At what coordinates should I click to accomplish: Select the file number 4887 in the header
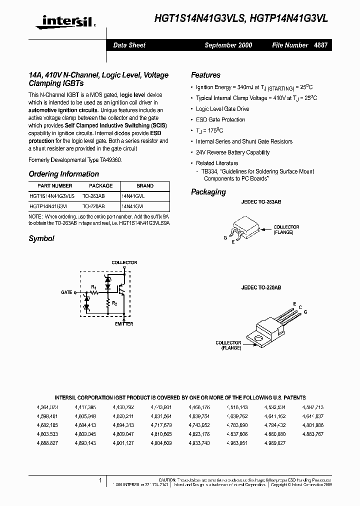(320, 45)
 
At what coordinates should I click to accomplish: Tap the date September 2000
(228, 45)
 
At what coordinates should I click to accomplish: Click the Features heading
(205, 75)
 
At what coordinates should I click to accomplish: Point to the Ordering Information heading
(63, 174)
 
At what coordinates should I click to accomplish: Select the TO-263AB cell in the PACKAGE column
(93, 196)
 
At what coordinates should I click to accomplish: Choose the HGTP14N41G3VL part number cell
(51, 205)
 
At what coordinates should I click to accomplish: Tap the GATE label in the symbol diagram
(66, 292)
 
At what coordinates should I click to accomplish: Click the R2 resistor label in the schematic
(114, 303)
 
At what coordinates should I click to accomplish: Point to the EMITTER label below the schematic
(123, 324)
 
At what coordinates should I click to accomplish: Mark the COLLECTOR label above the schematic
(123, 262)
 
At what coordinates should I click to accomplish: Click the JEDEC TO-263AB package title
(261, 201)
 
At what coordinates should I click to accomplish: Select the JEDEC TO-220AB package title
(261, 288)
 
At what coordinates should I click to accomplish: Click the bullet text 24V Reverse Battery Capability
(232, 152)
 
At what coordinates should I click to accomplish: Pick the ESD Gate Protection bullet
(220, 120)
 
